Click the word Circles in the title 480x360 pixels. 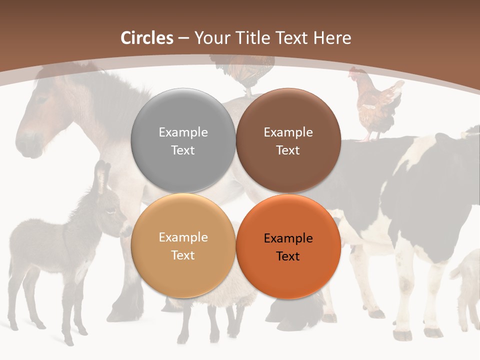(x=147, y=38)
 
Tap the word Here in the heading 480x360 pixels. (x=332, y=38)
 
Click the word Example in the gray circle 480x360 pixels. (x=183, y=132)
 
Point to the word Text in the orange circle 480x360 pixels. (x=288, y=256)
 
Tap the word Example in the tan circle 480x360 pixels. (x=183, y=237)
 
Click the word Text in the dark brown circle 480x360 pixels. (x=288, y=150)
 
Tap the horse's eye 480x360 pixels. (x=40, y=99)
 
